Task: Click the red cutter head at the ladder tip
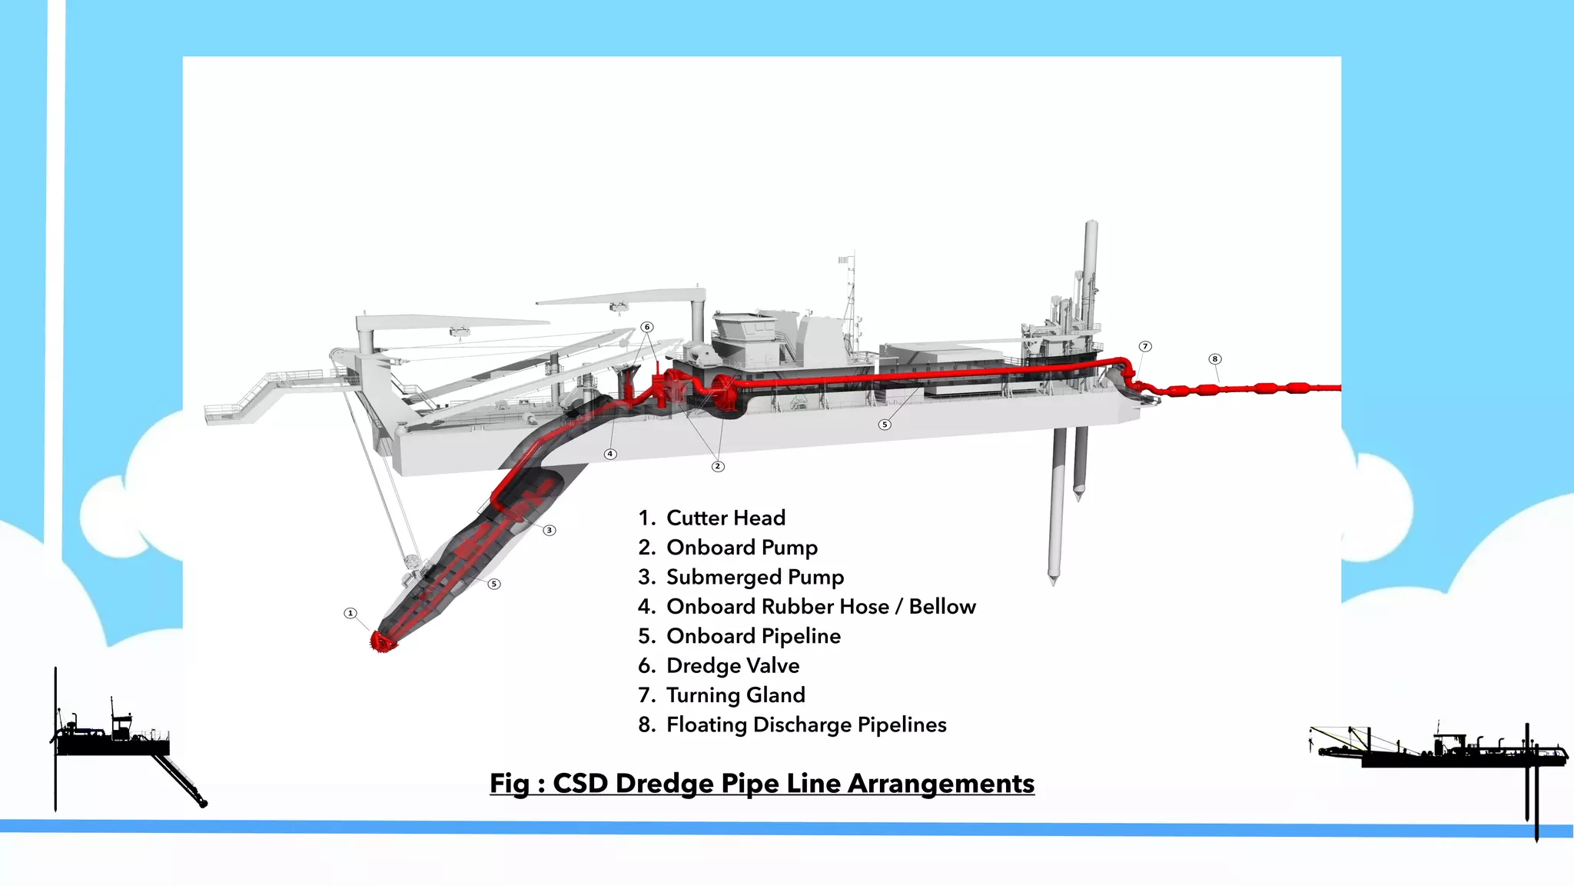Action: (383, 641)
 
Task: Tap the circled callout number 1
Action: (350, 613)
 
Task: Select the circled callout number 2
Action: (718, 466)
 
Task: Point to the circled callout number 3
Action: (549, 530)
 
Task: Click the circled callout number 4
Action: (610, 454)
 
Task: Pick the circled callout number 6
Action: (647, 327)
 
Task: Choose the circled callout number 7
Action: (1145, 347)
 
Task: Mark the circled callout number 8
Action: (1214, 359)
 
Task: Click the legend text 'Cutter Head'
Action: (726, 518)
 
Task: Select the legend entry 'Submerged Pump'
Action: (755, 577)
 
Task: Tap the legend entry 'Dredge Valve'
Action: (732, 665)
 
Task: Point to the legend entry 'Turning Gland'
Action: (736, 695)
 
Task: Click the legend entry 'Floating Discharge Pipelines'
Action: (806, 724)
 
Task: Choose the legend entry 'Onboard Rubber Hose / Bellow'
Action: (821, 607)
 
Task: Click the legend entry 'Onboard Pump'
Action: (742, 548)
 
